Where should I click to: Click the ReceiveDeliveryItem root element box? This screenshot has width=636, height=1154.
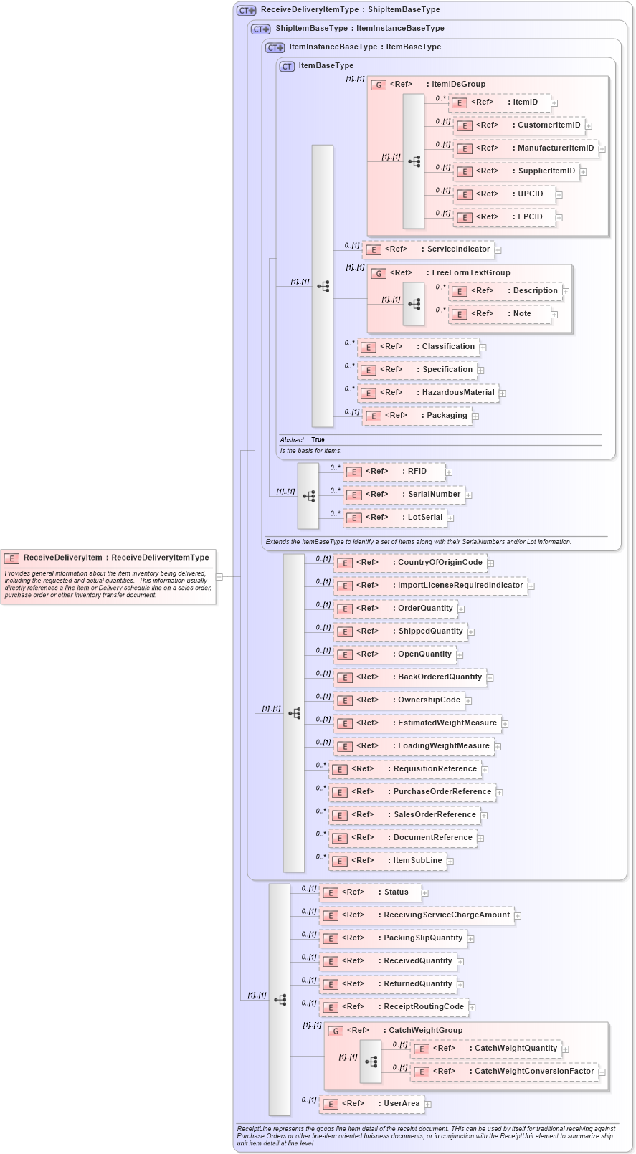click(x=108, y=558)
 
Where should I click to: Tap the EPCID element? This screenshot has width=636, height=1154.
click(x=506, y=217)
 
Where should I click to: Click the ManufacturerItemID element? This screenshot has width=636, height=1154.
click(x=527, y=148)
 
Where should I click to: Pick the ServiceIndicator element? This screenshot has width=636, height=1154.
click(x=429, y=249)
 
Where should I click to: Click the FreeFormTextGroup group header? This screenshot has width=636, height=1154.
click(x=470, y=273)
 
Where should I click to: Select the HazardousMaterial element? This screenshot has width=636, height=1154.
click(x=429, y=393)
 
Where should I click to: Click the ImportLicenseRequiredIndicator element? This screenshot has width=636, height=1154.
click(x=430, y=586)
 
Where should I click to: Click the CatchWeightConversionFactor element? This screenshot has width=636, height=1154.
click(x=505, y=1072)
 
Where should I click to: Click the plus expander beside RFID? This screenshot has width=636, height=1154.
click(x=449, y=472)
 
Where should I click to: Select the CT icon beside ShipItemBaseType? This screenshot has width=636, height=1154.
click(x=261, y=29)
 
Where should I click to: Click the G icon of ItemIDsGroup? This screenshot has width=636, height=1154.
click(x=379, y=85)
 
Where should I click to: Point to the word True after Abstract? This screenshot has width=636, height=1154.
click(x=318, y=439)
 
